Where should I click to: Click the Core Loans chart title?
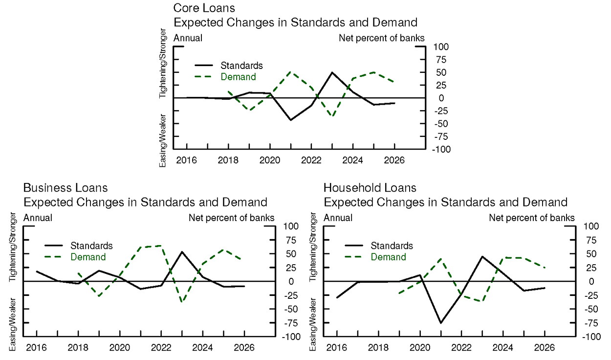[x=204, y=8]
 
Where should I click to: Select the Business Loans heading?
[x=65, y=188]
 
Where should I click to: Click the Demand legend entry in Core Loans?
[x=238, y=77]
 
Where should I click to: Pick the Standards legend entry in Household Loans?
[x=392, y=246]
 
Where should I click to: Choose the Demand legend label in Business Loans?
[x=88, y=257]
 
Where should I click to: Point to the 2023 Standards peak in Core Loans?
[x=332, y=72]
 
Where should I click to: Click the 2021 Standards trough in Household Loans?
[x=440, y=323]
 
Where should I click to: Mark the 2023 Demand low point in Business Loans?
[x=182, y=302]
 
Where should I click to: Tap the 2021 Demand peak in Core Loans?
[x=291, y=72]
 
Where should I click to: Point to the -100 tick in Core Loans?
[x=441, y=150]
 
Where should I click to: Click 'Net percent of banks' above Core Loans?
[x=382, y=38]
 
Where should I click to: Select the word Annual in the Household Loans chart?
[x=338, y=218]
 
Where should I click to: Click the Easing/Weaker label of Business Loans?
[x=14, y=321]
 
